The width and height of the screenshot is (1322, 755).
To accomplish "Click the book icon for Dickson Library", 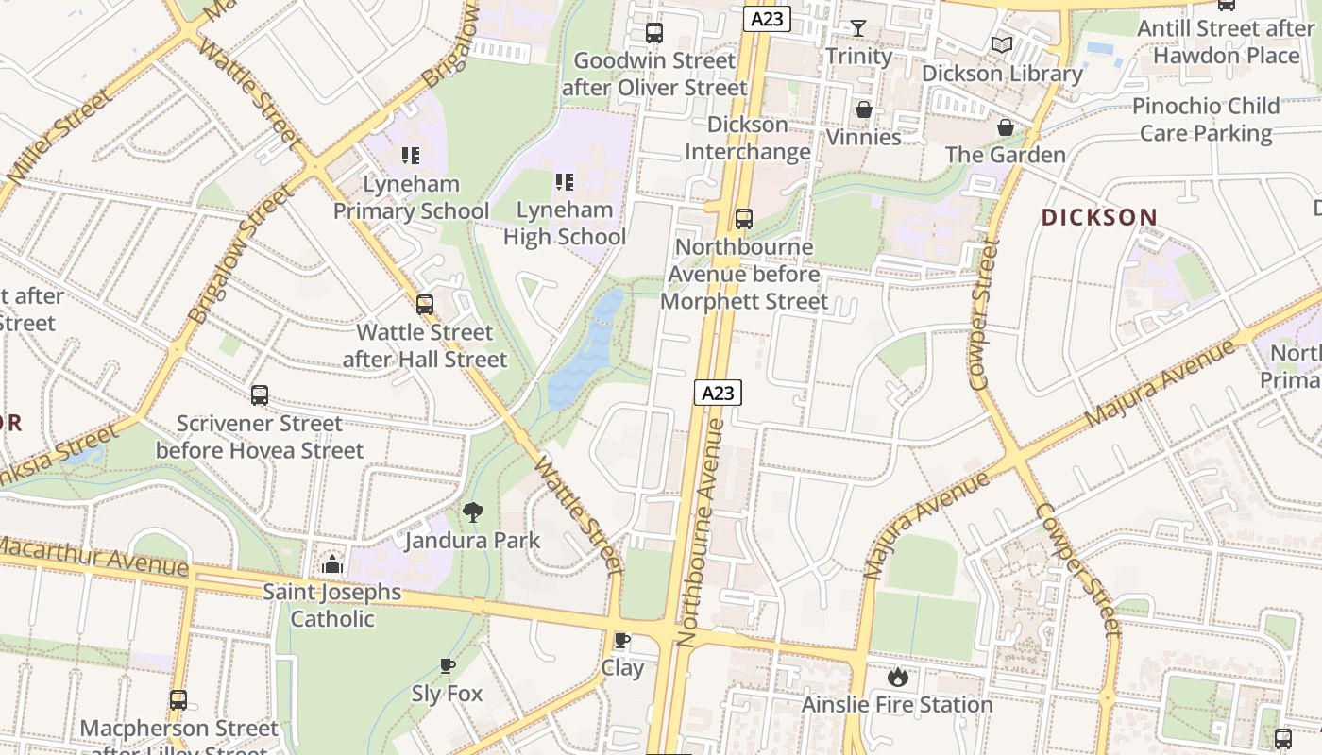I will tap(1002, 44).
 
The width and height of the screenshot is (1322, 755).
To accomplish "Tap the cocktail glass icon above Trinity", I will tap(857, 28).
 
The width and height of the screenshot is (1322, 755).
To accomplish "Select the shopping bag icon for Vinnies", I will tap(863, 109).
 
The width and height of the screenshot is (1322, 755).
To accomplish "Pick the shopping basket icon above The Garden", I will tap(1006, 126).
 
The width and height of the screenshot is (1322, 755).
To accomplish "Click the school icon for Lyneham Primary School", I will tap(410, 155).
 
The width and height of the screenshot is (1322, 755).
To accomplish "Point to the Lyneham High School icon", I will tap(564, 181).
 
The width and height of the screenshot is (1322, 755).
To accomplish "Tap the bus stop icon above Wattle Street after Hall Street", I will tap(425, 304).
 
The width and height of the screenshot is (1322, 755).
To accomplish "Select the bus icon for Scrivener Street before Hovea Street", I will tap(260, 395).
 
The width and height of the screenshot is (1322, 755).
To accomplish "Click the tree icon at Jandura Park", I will tap(473, 512).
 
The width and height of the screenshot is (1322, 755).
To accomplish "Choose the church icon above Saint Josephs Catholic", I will tap(331, 564).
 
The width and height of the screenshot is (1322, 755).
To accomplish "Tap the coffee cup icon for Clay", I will tap(622, 641).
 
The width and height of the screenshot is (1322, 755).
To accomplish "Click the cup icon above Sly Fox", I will tap(448, 666).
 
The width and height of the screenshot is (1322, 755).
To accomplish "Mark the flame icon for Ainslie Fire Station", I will tap(897, 677).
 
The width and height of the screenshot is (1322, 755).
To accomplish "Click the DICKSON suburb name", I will tap(1099, 217).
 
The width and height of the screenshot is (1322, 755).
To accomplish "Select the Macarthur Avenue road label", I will tap(94, 557).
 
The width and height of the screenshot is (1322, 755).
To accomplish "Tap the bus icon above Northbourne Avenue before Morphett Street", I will tap(744, 219).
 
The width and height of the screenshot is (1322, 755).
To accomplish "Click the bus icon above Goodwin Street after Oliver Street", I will tap(654, 33).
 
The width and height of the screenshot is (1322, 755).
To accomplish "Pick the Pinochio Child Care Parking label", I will tap(1206, 120).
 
